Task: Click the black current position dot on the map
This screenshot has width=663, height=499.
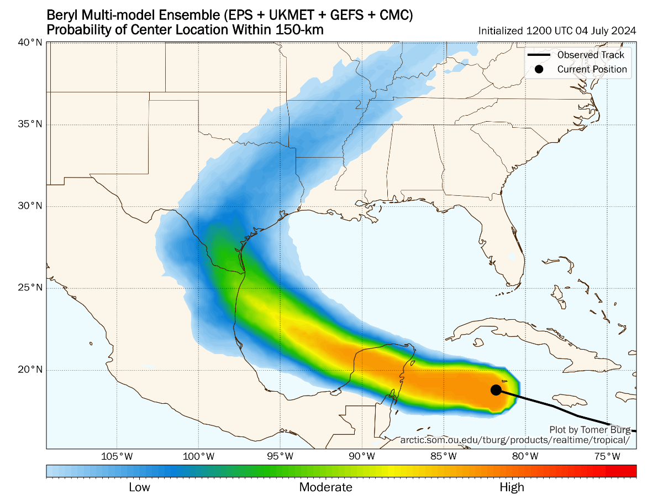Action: point(496,389)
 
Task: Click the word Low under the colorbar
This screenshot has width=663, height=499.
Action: point(139,487)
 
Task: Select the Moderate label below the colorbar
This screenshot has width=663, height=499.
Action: point(325,487)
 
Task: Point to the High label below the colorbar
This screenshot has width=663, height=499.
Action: point(512,487)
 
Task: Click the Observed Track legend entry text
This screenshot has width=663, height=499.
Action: point(591,55)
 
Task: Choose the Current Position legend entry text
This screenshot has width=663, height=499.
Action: point(592,69)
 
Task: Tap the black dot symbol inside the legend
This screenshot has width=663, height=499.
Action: point(539,69)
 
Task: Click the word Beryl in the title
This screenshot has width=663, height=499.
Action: point(61,15)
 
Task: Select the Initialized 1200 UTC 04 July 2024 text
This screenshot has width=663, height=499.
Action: point(557,31)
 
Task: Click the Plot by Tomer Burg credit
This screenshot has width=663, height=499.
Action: point(589,429)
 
